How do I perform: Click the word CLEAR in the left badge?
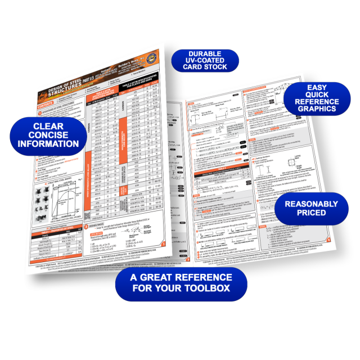coord(48,126)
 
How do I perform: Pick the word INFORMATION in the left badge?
coord(48,144)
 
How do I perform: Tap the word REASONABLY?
coord(312,204)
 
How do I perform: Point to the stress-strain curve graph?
coord(62,197)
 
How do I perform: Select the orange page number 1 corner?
coord(163,244)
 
